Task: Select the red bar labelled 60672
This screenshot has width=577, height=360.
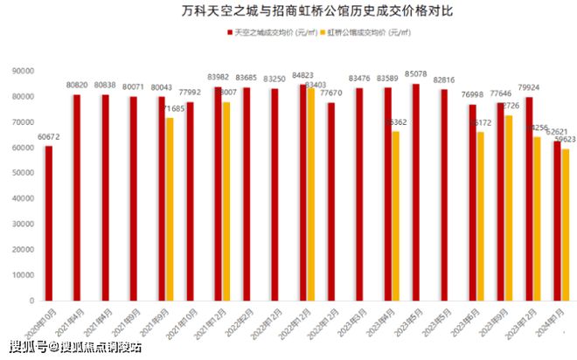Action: tap(49, 223)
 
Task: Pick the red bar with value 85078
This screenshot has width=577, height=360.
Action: tap(415, 192)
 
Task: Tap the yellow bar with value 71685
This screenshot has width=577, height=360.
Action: tap(170, 210)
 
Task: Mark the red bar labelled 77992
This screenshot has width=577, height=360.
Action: tap(190, 201)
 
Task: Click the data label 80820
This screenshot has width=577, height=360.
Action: tap(77, 87)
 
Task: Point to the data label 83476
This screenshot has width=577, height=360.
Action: tap(358, 80)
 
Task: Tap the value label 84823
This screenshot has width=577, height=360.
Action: tap(302, 76)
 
